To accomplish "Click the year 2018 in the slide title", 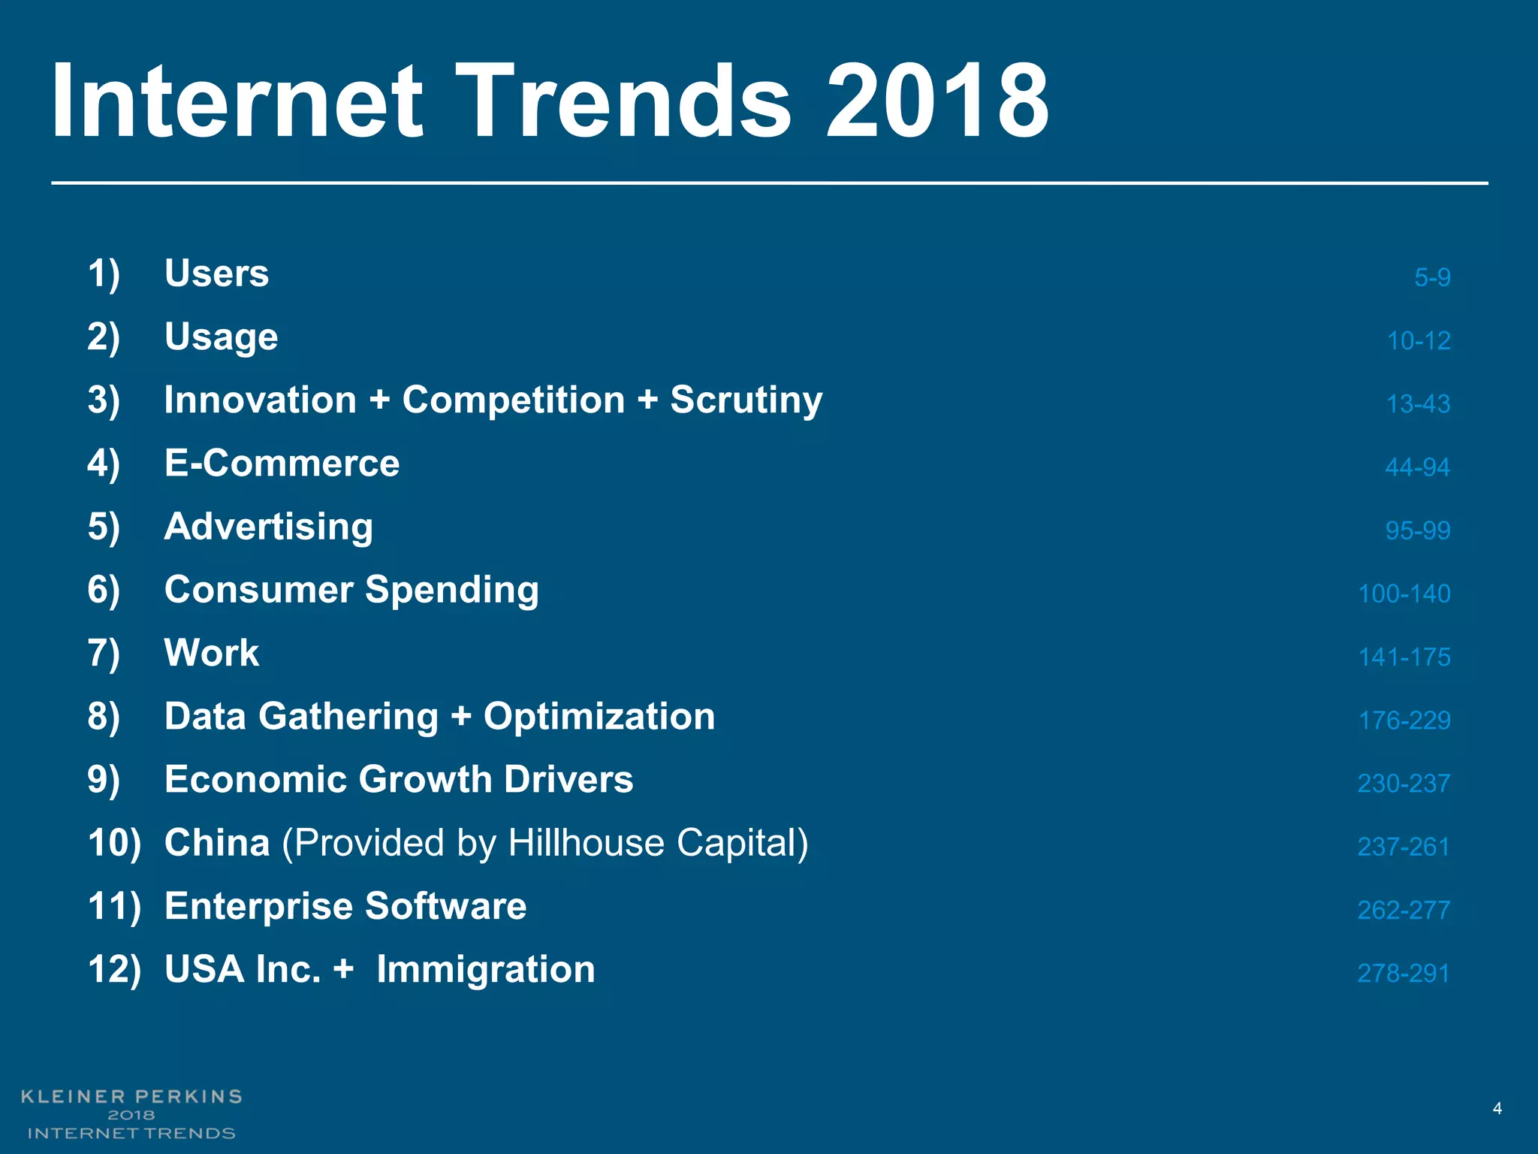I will coord(936,101).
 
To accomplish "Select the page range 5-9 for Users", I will coord(1432,277).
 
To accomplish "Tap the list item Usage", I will coord(221,337).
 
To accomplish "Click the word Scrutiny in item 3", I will coord(746,400).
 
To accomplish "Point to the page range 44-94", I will coord(1417,467).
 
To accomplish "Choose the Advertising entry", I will coord(268,526).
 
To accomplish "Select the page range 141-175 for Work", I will coord(1404,657).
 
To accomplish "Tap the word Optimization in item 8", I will coord(599,716).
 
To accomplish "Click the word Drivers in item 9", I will coord(568,779).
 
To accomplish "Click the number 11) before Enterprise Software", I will coord(114,906).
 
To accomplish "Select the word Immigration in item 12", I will coord(485,969).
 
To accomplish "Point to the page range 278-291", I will coord(1403,974).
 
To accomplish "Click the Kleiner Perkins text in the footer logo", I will coord(131,1096).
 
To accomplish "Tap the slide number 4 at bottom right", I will coord(1497,1109).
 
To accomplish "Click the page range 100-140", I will coord(1404,594).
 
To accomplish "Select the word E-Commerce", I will coord(282,463).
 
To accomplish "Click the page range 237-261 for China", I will coord(1403,847).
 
